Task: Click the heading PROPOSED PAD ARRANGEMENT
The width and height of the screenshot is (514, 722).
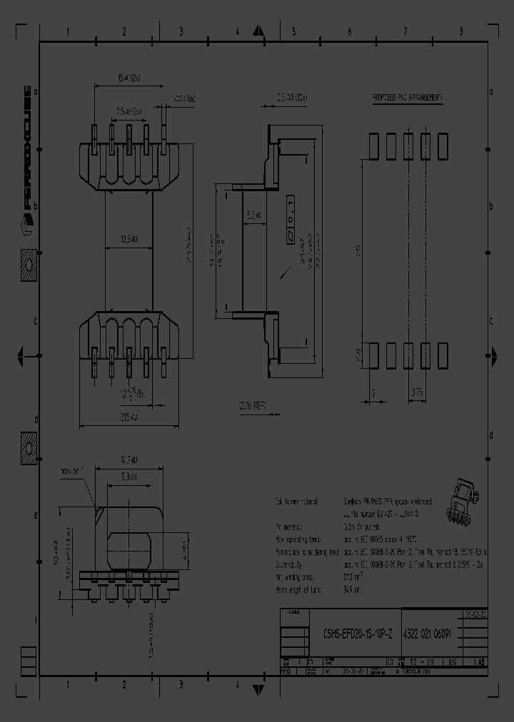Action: [x=407, y=97]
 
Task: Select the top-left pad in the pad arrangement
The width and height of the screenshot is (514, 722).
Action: [x=373, y=146]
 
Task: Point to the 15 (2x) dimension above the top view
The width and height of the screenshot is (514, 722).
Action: [x=128, y=78]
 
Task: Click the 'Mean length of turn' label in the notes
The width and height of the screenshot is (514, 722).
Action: [x=299, y=589]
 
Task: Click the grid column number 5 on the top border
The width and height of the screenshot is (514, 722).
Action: [x=293, y=32]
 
